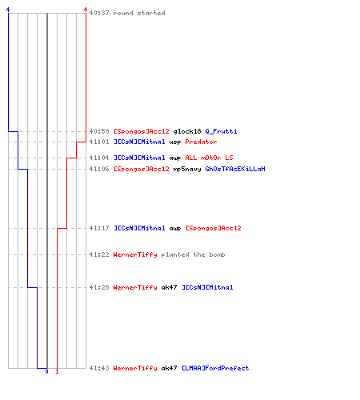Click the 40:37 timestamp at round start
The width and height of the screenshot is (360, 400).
99,13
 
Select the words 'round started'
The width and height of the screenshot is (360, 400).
139,13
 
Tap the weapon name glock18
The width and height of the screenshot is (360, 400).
187,131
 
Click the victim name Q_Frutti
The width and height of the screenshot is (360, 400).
221,131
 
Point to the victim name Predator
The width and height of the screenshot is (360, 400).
201,142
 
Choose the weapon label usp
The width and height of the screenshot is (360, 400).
175,142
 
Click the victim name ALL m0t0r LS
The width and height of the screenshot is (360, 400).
209,158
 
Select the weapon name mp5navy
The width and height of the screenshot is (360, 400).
187,169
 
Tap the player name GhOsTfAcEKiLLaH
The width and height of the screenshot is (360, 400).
235,169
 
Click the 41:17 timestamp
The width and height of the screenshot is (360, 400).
99,228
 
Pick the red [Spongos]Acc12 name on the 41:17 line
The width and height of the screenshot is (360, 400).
214,228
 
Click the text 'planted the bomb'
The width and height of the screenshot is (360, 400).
193,254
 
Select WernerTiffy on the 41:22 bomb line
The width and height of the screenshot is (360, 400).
135,254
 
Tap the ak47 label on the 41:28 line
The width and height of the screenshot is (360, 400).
169,287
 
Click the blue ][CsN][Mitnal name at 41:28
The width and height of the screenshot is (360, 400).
207,287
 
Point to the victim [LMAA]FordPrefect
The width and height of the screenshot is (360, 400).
215,368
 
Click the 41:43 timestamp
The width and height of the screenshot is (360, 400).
99,368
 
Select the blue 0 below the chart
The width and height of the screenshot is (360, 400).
46,371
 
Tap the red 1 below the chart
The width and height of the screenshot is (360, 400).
57,371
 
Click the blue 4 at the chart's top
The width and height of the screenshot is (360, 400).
8,10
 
